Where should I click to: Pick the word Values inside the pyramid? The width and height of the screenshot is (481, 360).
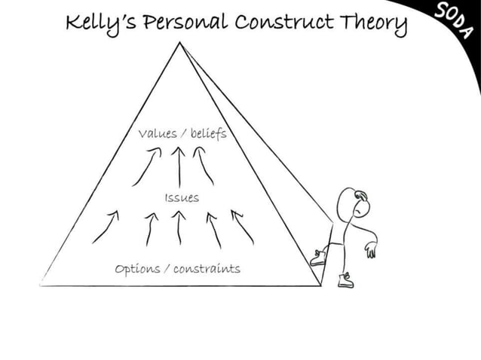pos(157,134)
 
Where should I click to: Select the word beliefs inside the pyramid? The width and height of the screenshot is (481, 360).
pos(207,133)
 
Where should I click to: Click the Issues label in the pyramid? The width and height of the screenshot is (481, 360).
pos(181,197)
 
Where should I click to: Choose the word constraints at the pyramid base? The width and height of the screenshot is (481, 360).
pos(207,268)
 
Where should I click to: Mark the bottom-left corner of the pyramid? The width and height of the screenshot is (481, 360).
pos(41,285)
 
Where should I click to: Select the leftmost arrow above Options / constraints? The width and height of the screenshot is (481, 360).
pos(106,226)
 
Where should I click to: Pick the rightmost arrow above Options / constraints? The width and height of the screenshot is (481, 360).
pos(242,227)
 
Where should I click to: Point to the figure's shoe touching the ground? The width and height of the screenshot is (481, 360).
pos(345,281)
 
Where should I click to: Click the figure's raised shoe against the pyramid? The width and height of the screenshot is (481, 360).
pos(318,258)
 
